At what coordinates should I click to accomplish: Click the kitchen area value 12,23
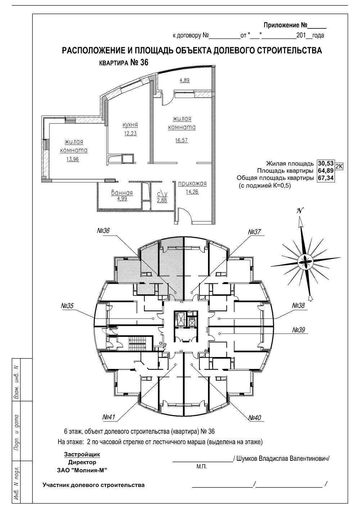click(130, 134)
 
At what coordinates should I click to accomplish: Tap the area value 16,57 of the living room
click(181, 140)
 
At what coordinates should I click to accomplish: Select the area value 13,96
click(73, 159)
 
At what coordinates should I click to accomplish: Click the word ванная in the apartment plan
click(122, 193)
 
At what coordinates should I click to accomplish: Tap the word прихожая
click(192, 183)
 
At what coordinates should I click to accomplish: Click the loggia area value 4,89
click(185, 80)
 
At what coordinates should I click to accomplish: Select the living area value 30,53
click(326, 163)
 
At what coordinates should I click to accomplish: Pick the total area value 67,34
click(326, 178)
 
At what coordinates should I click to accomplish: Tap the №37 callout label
click(254, 232)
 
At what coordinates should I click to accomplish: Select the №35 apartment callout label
click(67, 306)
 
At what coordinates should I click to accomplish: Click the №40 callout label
click(255, 418)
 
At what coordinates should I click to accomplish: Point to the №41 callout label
click(109, 417)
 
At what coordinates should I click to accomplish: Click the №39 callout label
click(298, 329)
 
